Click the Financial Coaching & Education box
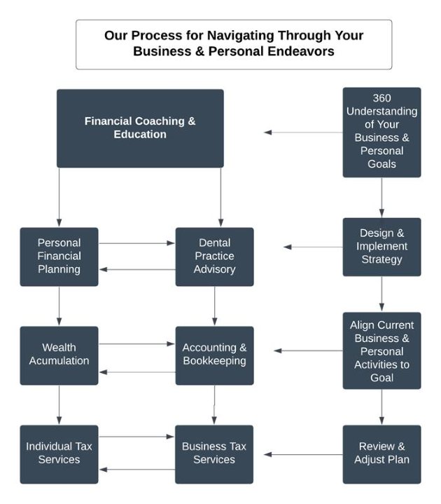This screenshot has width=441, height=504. coord(140,128)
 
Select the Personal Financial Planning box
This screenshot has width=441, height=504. coord(59,257)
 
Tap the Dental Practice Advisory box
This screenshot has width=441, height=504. coord(214,257)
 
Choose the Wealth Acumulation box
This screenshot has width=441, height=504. coord(59,355)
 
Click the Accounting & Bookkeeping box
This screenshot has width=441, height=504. coord(214,355)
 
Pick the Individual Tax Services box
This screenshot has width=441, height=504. coord(59,454)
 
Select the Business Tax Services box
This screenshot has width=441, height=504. coord(214,454)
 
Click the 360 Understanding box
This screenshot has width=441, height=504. coord(381,132)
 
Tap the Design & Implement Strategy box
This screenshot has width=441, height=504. coord(381,247)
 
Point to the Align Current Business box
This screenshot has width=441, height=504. coord(381,350)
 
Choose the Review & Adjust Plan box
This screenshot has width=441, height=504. coord(381,454)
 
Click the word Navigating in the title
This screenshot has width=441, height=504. coord(227,35)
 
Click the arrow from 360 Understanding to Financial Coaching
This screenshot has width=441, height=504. coord(302,132)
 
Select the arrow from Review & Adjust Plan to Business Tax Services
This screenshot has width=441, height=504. coord(302,454)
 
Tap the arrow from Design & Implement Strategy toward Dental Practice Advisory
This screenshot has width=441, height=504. coord(312,247)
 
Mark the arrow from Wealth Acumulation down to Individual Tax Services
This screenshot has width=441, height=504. coord(59,404)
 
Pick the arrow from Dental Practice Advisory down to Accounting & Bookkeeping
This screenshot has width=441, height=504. coord(214,306)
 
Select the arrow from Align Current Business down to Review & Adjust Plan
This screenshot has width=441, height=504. coord(381,407)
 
